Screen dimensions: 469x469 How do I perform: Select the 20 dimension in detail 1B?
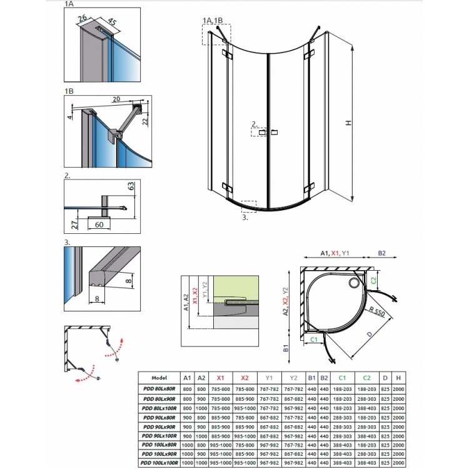(117, 99)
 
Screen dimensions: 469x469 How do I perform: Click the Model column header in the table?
(158, 378)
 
